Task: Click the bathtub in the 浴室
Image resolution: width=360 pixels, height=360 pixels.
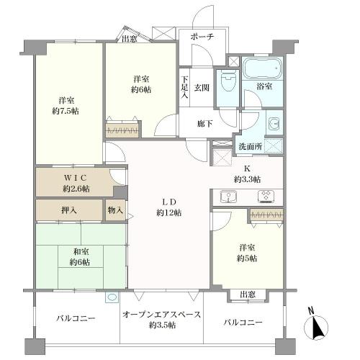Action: pos(262,68)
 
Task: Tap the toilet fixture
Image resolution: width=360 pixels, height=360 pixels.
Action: pos(228,81)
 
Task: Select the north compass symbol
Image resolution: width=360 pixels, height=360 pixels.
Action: pos(316,327)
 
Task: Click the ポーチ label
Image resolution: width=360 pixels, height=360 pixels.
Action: pos(202,37)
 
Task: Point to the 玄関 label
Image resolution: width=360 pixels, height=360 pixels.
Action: pos(202,88)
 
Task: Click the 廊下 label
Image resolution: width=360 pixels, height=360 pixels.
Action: pos(204,124)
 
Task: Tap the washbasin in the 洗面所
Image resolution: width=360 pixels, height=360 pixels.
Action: pos(274,124)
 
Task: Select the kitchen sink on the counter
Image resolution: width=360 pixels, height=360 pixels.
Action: pos(228,197)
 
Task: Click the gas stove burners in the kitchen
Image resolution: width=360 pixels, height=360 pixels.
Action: pos(266,195)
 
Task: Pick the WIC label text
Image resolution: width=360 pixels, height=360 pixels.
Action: pos(75,178)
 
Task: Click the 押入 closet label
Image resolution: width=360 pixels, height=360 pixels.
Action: pos(69,210)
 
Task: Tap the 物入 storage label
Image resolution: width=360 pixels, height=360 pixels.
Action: pos(115,210)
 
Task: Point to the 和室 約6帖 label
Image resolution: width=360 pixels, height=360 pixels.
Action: pos(80,257)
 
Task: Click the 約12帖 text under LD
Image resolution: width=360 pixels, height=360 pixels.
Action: pos(169,212)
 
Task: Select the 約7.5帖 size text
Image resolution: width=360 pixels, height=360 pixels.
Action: pos(66,111)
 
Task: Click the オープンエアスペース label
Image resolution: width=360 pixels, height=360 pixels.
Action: pos(161,315)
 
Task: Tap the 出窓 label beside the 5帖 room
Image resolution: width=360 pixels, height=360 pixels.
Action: pos(248,294)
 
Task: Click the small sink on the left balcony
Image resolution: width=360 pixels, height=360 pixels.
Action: pos(112,297)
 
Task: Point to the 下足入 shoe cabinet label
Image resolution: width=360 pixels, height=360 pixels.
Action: pos(184,87)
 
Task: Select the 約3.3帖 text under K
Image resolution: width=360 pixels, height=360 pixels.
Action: pos(247,179)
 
